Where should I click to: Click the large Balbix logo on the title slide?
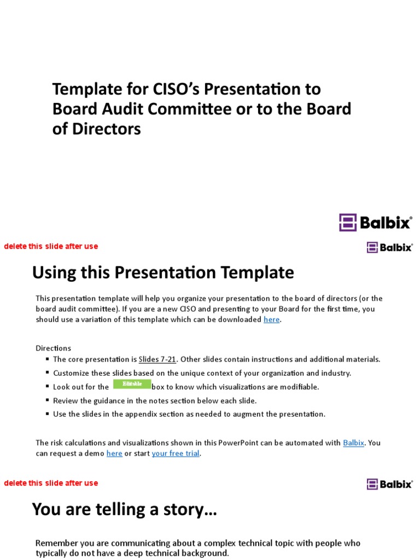pyautogui.click(x=375, y=222)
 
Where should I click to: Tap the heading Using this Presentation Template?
pyautogui.click(x=163, y=272)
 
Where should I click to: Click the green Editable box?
pyautogui.click(x=132, y=384)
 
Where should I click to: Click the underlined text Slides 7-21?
pyautogui.click(x=157, y=359)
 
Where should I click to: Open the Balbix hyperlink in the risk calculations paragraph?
pyautogui.click(x=353, y=442)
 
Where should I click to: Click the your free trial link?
pyautogui.click(x=175, y=453)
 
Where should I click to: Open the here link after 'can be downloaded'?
pyautogui.click(x=271, y=319)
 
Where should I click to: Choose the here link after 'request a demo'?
pyautogui.click(x=114, y=453)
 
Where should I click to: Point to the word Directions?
pyautogui.click(x=54, y=348)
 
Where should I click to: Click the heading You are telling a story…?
pyautogui.click(x=125, y=509)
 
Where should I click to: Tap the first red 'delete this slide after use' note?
pyautogui.click(x=51, y=246)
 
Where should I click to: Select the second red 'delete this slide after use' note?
pyautogui.click(x=51, y=483)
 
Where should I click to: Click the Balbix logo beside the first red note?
pyautogui.click(x=389, y=247)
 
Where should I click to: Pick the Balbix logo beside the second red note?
pyautogui.click(x=389, y=484)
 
